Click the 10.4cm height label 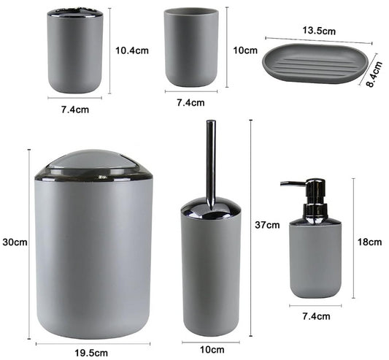[132, 50]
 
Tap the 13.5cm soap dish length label [319, 31]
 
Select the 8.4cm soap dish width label [374, 74]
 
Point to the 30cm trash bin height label [15, 242]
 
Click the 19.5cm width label [91, 353]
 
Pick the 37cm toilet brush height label [267, 225]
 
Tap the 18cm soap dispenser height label [369, 242]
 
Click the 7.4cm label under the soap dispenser [316, 316]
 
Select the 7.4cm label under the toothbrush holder [75, 110]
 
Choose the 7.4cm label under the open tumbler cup [190, 102]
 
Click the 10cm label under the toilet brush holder [212, 350]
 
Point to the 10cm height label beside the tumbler [245, 50]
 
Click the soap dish [316, 63]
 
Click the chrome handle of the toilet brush [211, 164]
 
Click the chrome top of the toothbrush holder [75, 13]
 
